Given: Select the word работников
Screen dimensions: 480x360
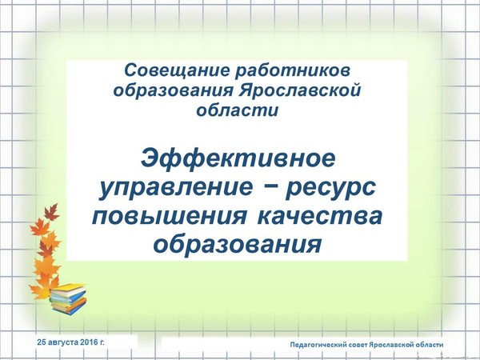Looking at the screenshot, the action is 293,71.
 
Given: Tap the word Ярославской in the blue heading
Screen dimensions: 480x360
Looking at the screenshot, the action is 300,90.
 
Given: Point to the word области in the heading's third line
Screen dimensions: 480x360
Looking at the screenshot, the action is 238,110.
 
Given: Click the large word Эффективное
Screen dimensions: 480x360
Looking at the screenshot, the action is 238,158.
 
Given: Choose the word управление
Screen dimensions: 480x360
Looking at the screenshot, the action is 176,188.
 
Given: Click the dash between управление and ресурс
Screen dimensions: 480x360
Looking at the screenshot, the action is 269,187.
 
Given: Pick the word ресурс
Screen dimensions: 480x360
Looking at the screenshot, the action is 330,189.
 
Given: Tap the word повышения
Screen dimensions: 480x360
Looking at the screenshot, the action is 170,216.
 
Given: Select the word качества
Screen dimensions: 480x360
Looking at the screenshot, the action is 320,216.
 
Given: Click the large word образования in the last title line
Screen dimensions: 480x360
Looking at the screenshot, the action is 238,245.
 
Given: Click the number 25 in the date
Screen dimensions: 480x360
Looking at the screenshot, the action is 42,342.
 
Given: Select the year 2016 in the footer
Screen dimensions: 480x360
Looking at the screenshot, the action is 89,342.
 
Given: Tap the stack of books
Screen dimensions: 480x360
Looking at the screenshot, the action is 68,298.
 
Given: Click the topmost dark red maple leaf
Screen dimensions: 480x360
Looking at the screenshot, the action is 51,212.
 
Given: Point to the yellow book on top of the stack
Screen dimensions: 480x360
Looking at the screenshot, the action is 68,290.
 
